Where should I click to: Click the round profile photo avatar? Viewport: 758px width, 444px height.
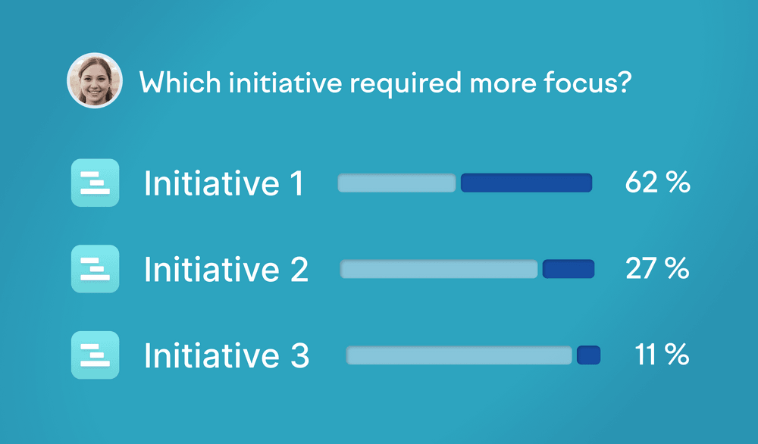coord(95,80)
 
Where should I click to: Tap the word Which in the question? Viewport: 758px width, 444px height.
coord(180,82)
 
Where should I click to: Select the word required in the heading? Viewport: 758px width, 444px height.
coord(406,83)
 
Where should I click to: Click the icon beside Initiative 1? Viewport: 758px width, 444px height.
coord(96,183)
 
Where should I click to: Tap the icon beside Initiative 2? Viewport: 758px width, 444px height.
coord(96,269)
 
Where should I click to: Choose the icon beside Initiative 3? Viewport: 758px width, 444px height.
coord(96,355)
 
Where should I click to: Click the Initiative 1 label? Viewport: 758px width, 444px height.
coord(224,183)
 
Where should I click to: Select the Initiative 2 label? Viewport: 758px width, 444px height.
coord(226,269)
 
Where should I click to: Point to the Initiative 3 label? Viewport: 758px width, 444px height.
coord(227,355)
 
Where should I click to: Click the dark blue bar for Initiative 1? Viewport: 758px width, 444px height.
coord(527,183)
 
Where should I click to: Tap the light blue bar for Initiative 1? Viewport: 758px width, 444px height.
coord(396,183)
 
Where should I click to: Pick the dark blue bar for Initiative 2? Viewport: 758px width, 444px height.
coord(568,269)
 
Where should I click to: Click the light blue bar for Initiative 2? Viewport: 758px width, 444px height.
coord(439,269)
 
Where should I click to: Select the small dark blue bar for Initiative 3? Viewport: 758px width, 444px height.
coord(588,355)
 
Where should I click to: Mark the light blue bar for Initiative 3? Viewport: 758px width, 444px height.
coord(459,355)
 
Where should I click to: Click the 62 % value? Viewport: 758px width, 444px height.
coord(657,182)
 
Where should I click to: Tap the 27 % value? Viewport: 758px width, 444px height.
coord(657,268)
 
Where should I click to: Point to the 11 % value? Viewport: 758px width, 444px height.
coord(662,354)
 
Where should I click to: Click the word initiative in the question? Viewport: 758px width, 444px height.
coord(285,82)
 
